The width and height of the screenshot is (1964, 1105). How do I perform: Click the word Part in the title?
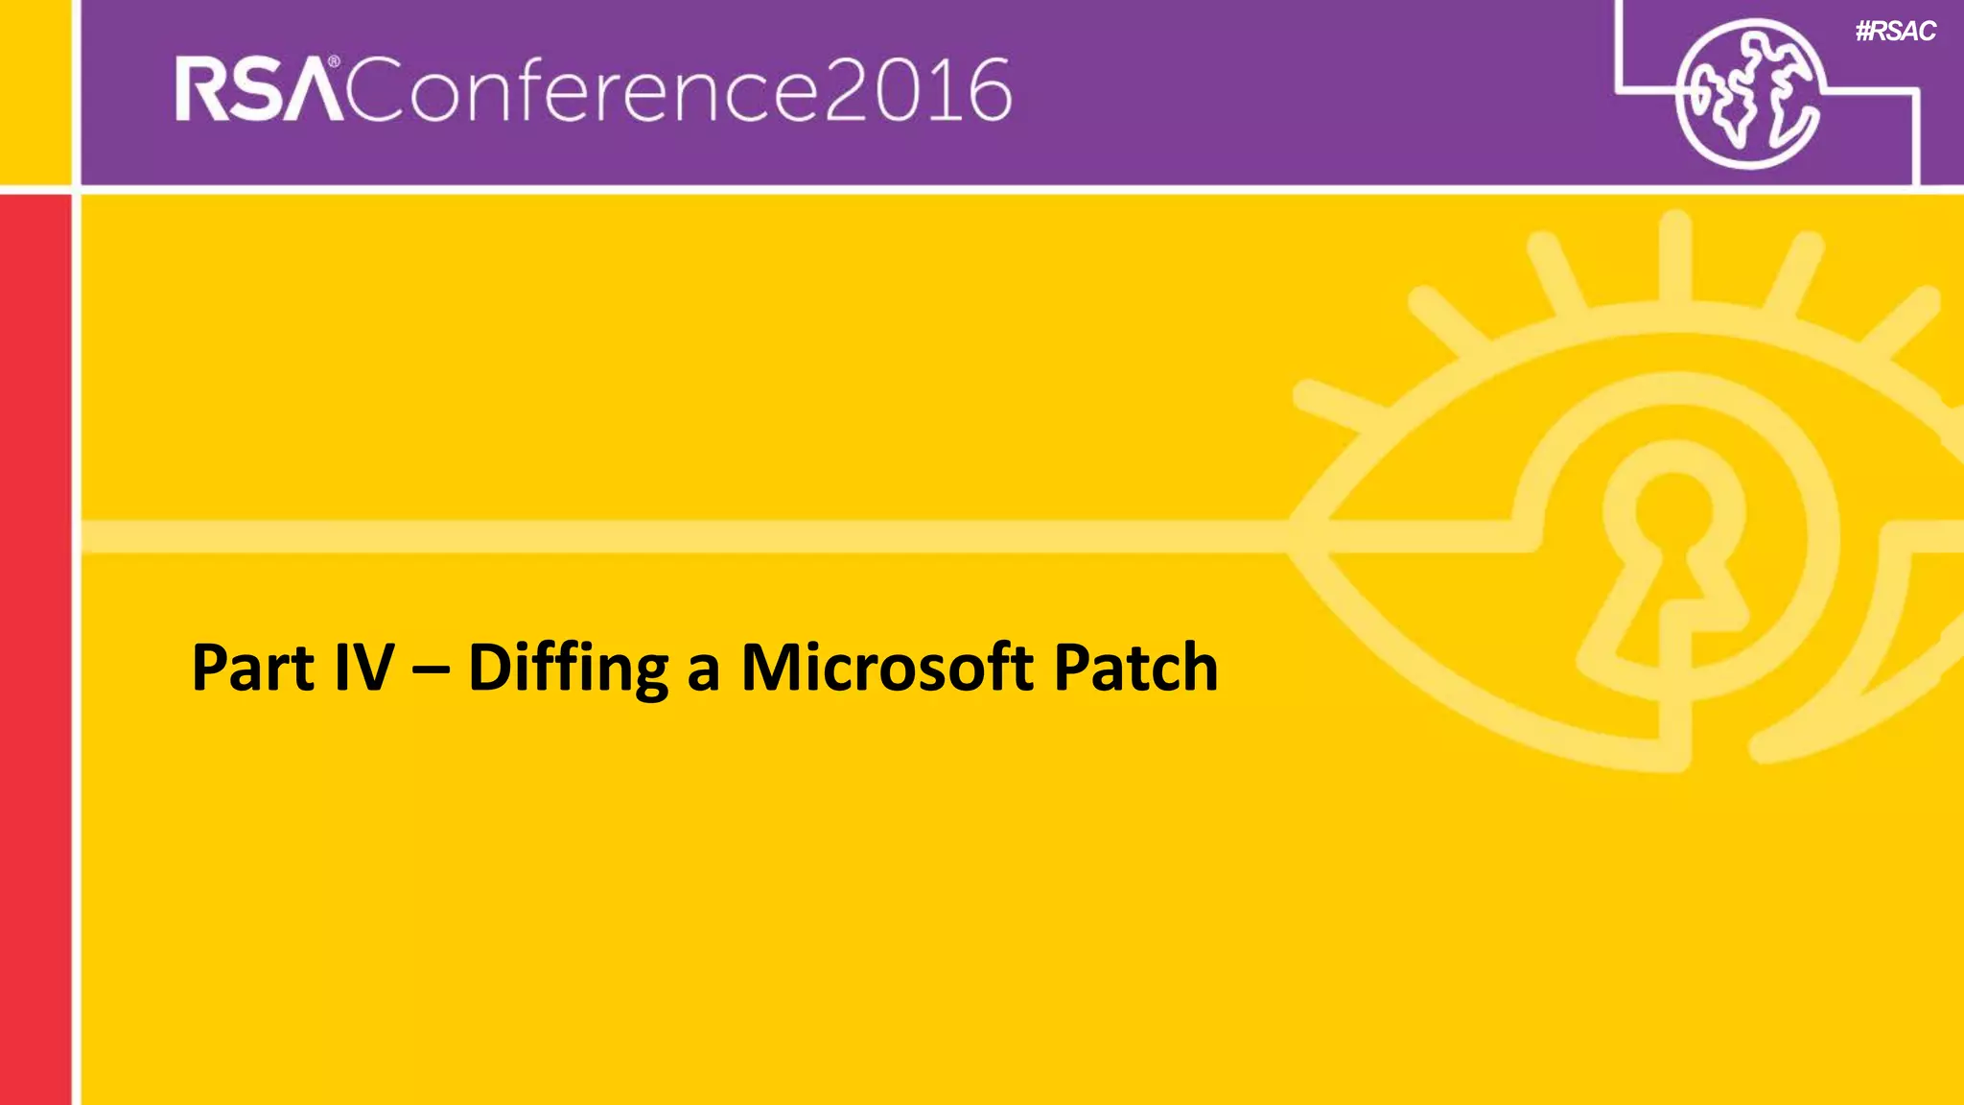click(252, 668)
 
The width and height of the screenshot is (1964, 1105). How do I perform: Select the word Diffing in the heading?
click(567, 670)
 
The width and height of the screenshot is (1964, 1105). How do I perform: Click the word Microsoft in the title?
click(887, 668)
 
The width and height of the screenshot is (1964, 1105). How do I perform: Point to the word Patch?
click(1135, 668)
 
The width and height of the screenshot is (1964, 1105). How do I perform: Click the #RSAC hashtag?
click(1895, 32)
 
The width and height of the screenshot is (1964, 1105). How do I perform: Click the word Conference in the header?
click(584, 91)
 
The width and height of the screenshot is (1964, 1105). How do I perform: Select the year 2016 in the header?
click(918, 91)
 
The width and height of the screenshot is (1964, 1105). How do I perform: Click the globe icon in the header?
click(1747, 93)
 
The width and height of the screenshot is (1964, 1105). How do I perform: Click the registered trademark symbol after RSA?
click(334, 62)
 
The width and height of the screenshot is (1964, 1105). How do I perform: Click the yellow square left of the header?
click(35, 91)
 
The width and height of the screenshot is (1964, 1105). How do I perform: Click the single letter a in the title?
click(703, 670)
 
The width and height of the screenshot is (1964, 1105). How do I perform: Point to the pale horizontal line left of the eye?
click(671, 536)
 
